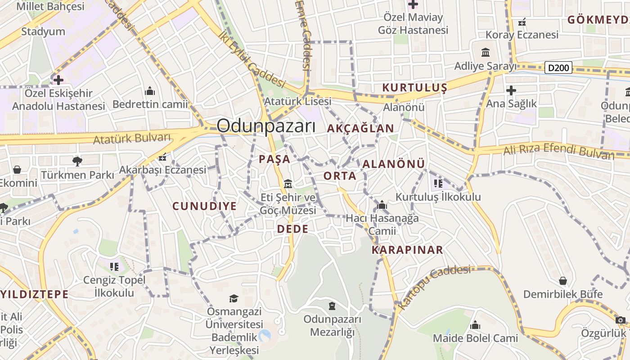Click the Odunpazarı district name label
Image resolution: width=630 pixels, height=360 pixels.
click(266, 126)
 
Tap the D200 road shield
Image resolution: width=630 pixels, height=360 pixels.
click(558, 68)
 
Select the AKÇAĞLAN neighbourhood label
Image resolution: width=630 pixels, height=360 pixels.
click(360, 128)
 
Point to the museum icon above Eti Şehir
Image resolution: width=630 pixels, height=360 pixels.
click(288, 184)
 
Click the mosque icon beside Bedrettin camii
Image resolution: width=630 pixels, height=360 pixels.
click(150, 91)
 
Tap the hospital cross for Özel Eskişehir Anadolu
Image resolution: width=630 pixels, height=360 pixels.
click(58, 80)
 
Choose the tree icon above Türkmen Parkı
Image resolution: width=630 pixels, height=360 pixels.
click(77, 161)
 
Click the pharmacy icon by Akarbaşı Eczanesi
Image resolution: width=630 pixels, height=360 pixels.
click(162, 157)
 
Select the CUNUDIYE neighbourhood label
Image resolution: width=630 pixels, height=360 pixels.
click(205, 206)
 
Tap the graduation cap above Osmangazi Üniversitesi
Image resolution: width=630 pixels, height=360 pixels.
click(234, 298)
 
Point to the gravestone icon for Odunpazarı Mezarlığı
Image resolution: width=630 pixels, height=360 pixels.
click(332, 306)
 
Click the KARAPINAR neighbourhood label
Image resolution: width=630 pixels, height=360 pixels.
click(407, 250)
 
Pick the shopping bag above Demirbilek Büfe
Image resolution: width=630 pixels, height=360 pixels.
click(562, 281)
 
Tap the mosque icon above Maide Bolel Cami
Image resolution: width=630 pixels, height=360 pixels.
click(475, 325)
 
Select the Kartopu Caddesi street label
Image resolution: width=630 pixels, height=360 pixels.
click(435, 286)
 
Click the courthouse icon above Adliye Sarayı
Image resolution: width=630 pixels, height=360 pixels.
click(485, 53)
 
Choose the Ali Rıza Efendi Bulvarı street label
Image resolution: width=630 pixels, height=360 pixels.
click(558, 149)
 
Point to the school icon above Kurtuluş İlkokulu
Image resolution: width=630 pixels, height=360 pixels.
click(438, 184)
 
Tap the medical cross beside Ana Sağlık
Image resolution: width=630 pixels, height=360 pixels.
click(511, 90)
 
